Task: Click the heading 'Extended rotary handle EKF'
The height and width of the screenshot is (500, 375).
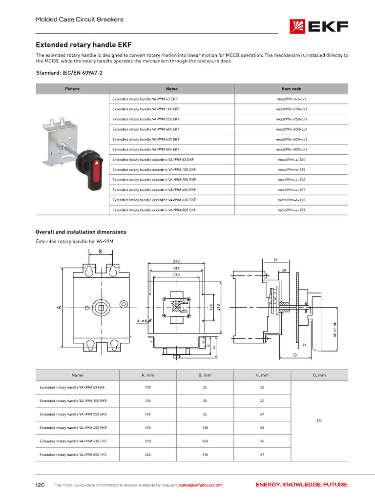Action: click(84, 44)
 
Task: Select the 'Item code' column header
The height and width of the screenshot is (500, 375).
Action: click(291, 89)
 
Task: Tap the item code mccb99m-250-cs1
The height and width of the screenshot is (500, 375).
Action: click(291, 119)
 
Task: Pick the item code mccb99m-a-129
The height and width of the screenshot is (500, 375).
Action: click(291, 210)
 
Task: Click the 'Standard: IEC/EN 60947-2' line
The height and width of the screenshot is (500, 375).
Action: click(69, 73)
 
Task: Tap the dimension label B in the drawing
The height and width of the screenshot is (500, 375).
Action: click(100, 252)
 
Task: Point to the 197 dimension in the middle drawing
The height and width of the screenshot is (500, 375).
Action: click(176, 269)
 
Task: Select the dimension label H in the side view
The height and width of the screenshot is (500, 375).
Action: click(276, 260)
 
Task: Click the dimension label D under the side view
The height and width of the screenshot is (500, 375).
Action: click(295, 355)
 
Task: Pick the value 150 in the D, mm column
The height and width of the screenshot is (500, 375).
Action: click(319, 421)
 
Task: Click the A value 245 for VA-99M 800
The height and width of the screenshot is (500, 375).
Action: click(147, 455)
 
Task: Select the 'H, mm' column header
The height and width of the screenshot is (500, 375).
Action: click(262, 375)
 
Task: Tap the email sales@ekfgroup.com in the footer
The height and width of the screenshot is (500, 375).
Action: click(200, 485)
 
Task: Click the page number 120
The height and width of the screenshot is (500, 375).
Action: click(40, 485)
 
